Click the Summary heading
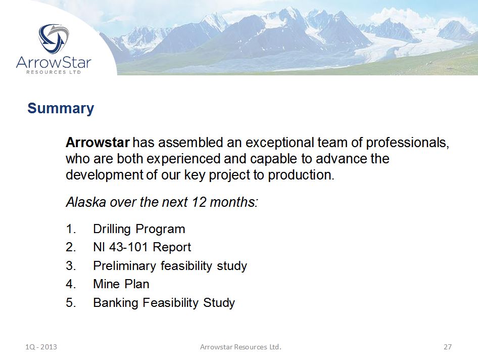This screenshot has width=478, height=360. click(61, 109)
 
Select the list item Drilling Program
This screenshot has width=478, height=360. click(139, 229)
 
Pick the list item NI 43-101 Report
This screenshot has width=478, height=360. click(142, 247)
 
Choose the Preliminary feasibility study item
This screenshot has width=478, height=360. click(170, 265)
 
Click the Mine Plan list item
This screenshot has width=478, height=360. click(121, 284)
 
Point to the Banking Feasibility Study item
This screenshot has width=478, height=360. click(164, 303)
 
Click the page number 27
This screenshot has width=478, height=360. click(447, 347)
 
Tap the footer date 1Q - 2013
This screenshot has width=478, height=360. click(41, 347)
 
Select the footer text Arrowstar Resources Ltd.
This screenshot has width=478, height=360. click(241, 347)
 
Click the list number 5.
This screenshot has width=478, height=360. click(70, 303)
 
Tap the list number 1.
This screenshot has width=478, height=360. click(70, 229)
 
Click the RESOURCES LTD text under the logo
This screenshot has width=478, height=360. click(54, 72)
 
